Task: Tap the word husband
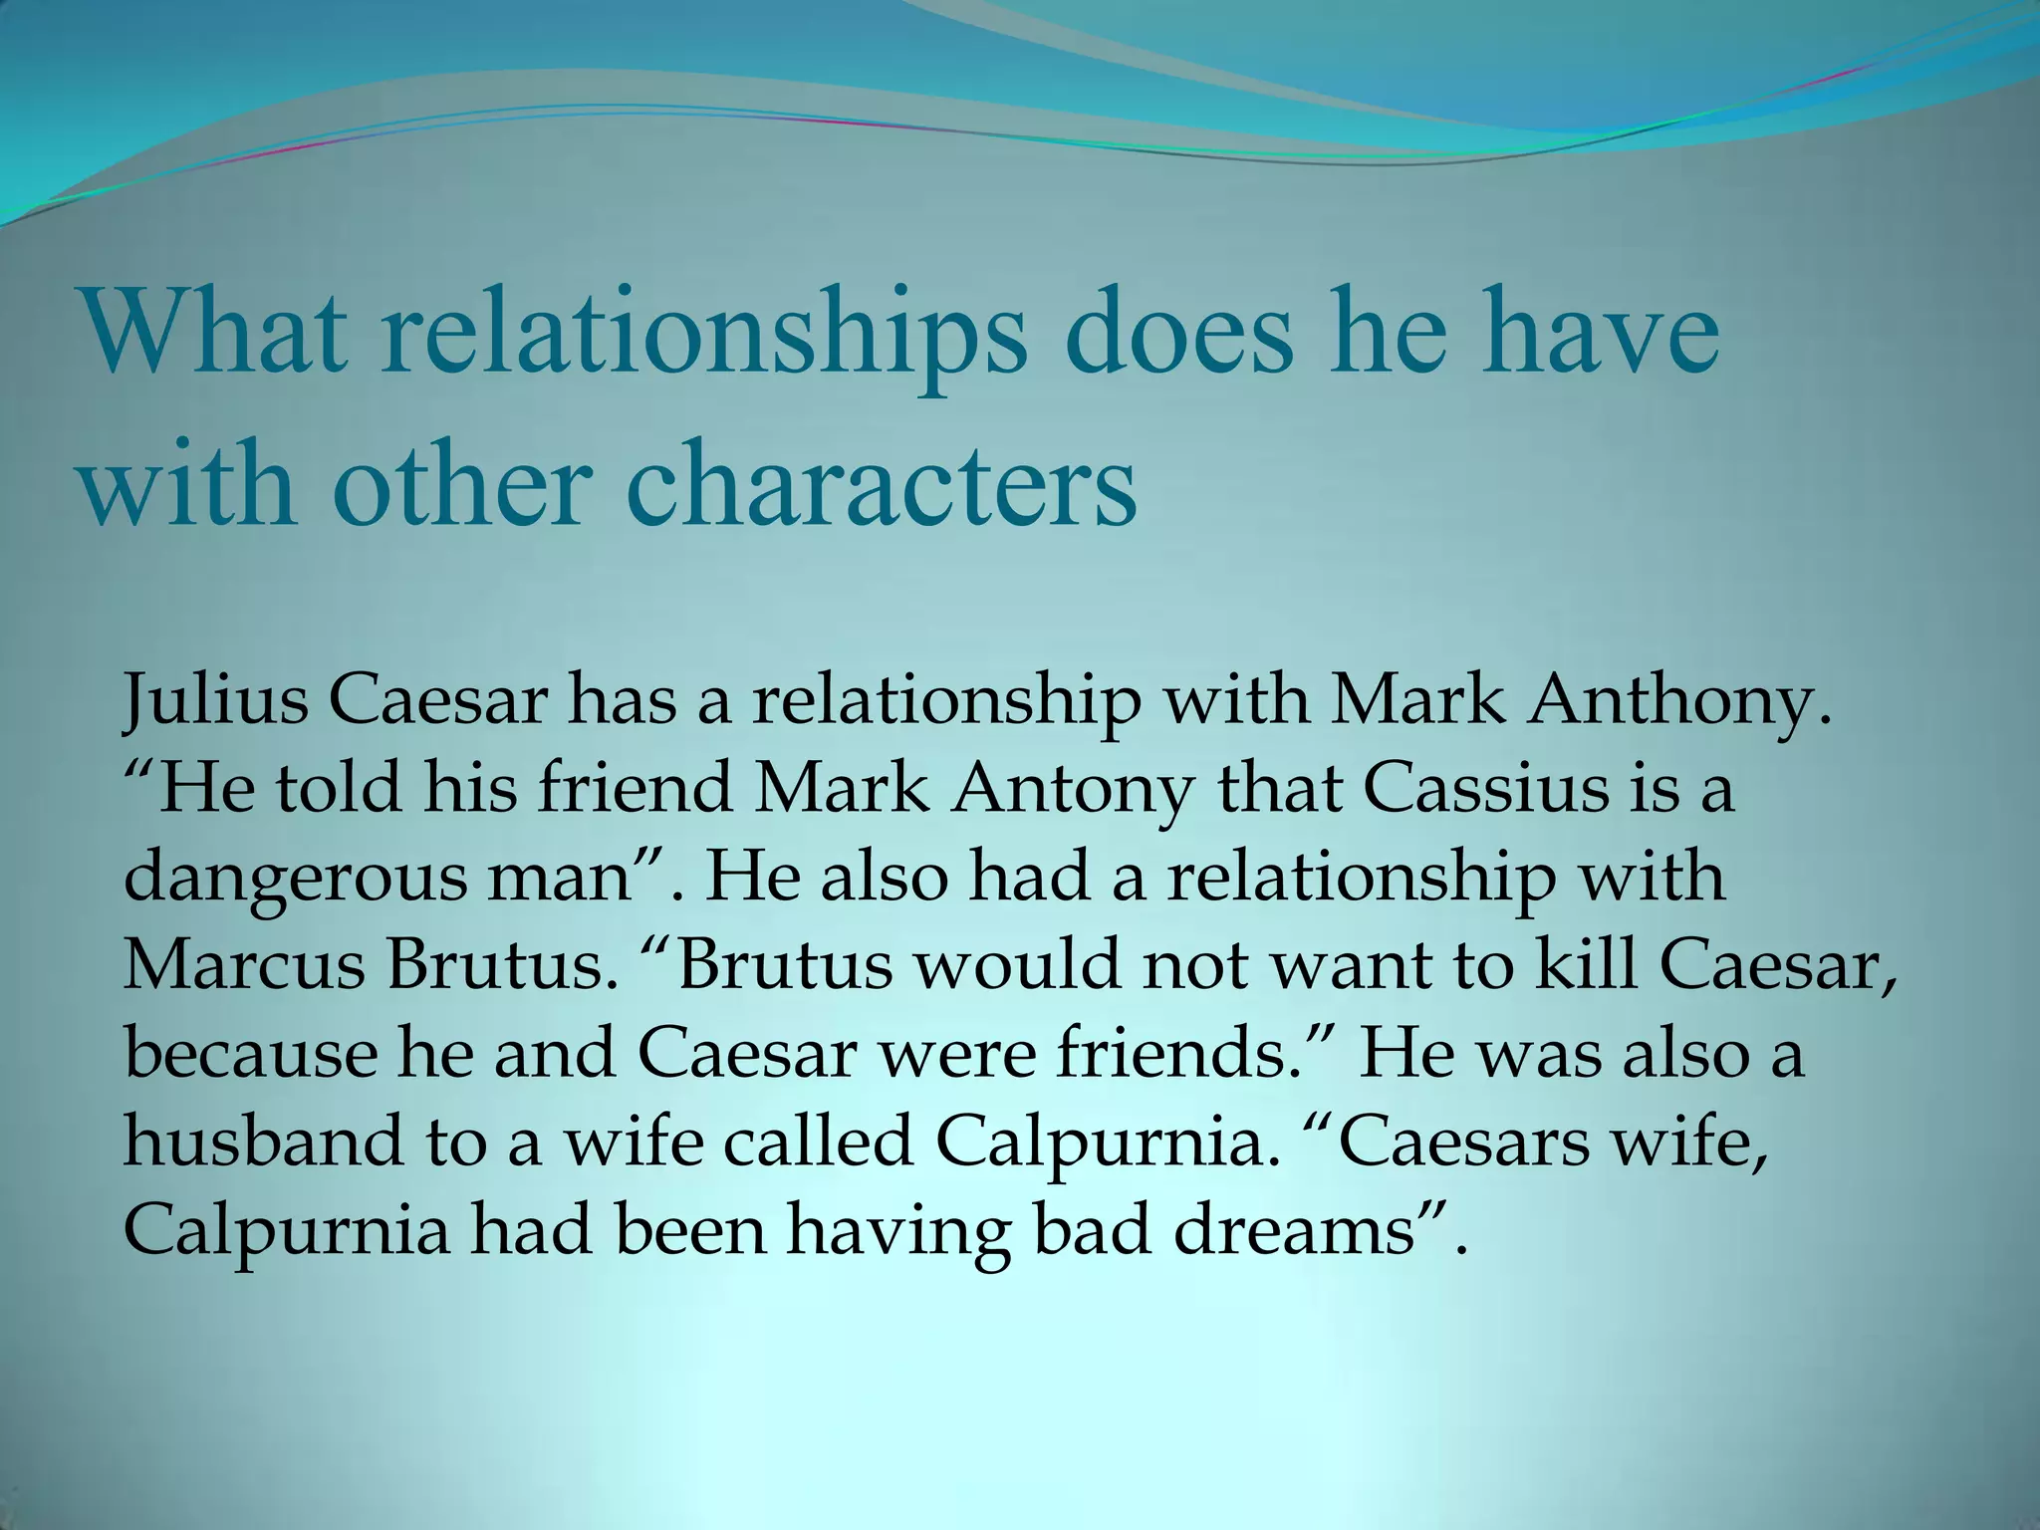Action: point(263,1142)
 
